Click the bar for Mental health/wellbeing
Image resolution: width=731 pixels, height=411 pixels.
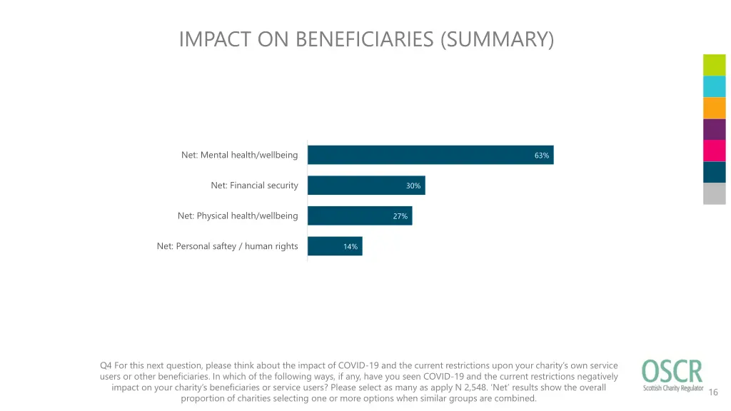point(430,155)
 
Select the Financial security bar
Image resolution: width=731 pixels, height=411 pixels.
point(365,186)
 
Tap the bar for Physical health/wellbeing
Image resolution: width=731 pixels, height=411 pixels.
point(359,215)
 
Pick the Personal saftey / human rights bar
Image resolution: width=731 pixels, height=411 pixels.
point(334,246)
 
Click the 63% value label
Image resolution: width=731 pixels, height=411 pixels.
point(542,156)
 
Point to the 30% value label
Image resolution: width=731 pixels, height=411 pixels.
point(413,186)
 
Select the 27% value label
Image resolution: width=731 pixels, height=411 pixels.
point(400,216)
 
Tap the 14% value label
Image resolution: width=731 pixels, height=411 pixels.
point(351,247)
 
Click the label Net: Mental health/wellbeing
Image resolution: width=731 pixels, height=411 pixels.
point(239,155)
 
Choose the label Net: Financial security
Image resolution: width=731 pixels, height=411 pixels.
point(254,186)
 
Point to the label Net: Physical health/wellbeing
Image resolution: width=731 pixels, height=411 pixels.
point(238,215)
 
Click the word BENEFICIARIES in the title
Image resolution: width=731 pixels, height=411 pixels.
point(365,39)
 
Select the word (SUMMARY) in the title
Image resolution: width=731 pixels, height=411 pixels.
point(498,39)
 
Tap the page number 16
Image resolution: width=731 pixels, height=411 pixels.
point(713,392)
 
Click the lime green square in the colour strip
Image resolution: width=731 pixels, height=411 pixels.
point(714,65)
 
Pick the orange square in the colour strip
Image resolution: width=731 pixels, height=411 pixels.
point(714,108)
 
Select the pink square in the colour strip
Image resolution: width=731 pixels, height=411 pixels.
point(714,151)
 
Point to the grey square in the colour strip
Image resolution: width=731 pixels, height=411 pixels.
point(714,193)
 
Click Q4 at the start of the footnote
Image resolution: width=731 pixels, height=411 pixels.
point(106,366)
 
